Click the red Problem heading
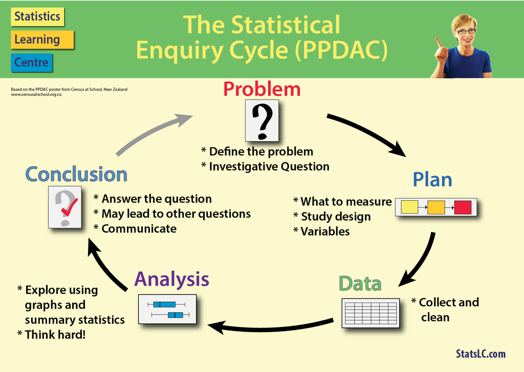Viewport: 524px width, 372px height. pyautogui.click(x=261, y=89)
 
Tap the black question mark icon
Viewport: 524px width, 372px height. pyautogui.click(x=263, y=121)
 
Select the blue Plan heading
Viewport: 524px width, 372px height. pyautogui.click(x=432, y=180)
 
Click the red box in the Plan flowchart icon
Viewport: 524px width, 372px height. pyautogui.click(x=463, y=207)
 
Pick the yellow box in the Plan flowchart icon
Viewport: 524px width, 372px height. pyautogui.click(x=409, y=207)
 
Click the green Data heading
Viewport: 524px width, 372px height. pyautogui.click(x=360, y=283)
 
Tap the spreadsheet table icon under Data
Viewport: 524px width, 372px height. pyautogui.click(x=370, y=313)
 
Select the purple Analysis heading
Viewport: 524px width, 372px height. pyautogui.click(x=171, y=279)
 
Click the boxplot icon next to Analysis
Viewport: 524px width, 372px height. pyautogui.click(x=167, y=309)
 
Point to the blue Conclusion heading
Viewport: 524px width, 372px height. pyautogui.click(x=76, y=174)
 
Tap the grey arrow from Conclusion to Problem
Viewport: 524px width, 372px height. pyautogui.click(x=154, y=133)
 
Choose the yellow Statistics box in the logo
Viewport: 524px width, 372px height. pyautogui.click(x=37, y=16)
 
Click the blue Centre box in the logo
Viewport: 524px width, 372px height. pyautogui.click(x=32, y=63)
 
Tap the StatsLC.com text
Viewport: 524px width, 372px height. pyautogui.click(x=480, y=354)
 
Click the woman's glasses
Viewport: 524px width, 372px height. pyautogui.click(x=466, y=32)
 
